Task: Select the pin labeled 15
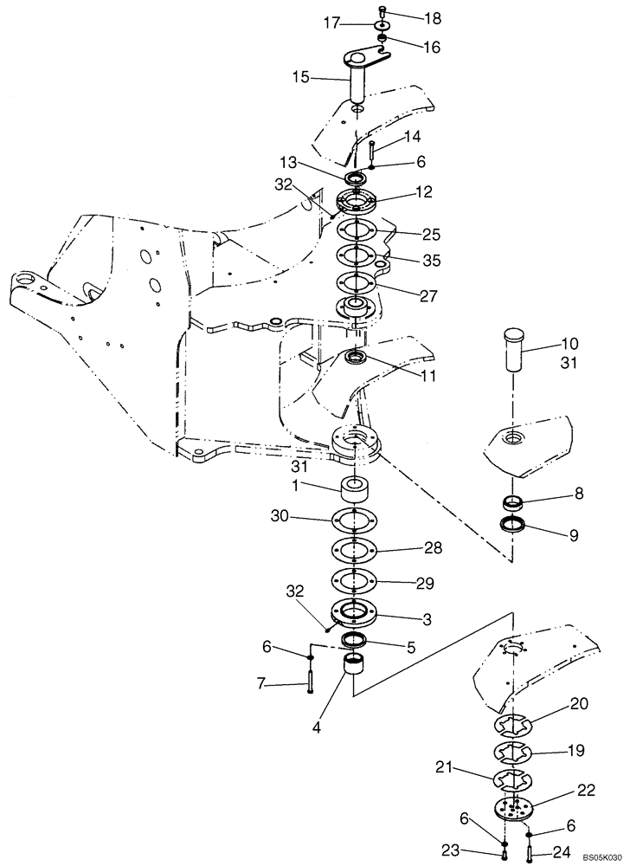360,85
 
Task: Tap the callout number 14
411,137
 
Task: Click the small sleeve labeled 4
357,669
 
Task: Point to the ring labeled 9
517,527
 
